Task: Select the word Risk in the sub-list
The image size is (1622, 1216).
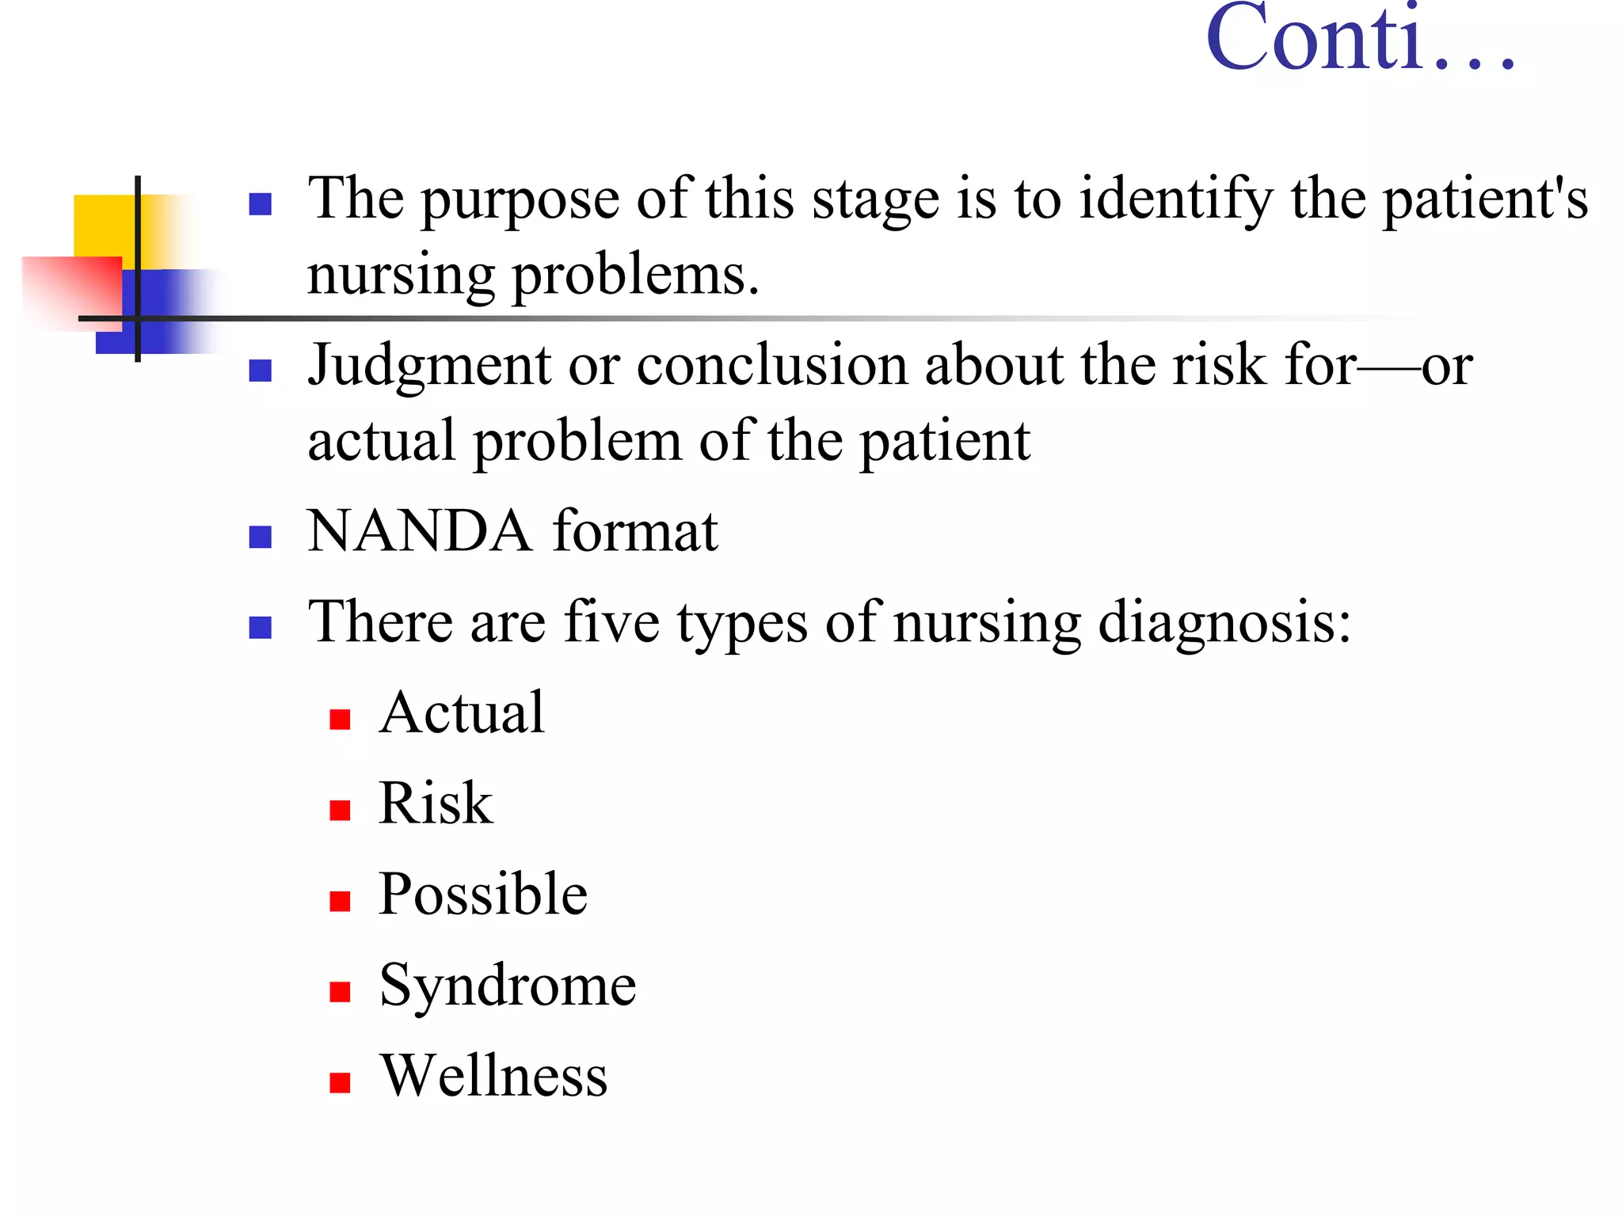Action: pos(436,803)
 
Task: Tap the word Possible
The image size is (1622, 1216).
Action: pos(483,895)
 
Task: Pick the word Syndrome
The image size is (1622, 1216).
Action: pos(508,986)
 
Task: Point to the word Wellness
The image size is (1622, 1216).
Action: pos(493,1076)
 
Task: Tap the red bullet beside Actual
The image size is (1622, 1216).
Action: pos(340,720)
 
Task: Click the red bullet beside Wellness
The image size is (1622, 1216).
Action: pos(340,1083)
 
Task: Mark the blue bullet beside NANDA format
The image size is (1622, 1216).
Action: pos(261,538)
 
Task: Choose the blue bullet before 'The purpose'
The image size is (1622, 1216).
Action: pos(261,204)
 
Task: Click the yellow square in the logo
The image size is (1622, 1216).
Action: pos(103,225)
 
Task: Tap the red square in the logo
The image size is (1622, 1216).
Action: pos(71,289)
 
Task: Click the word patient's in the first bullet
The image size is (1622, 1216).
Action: pos(1485,199)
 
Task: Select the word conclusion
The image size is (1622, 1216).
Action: pos(771,366)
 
